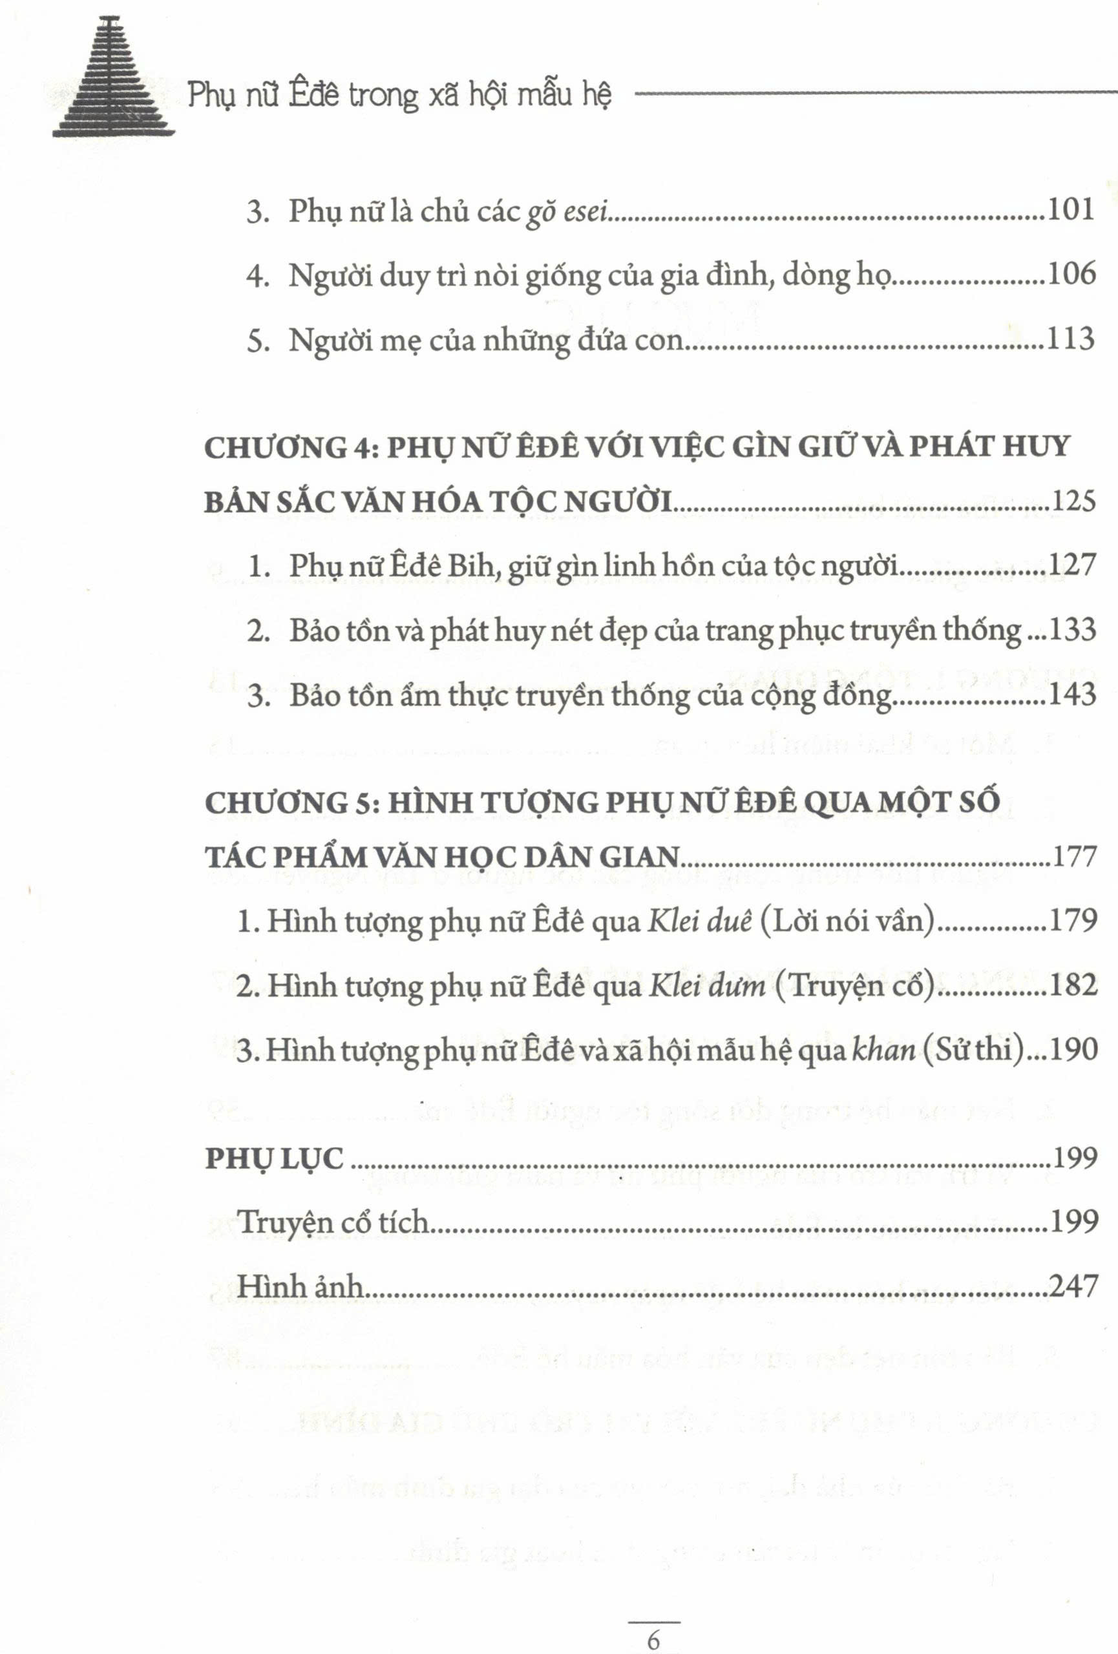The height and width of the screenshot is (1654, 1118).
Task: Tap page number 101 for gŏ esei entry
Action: pos(1071,210)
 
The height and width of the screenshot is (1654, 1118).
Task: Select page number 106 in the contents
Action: pos(1071,274)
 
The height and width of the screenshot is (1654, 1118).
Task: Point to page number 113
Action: pos(1071,339)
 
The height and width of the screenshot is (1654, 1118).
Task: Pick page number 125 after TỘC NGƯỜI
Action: pos(1073,501)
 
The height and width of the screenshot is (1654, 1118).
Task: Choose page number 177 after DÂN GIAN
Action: pos(1073,856)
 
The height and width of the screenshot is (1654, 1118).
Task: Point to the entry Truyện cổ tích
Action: pos(333,1222)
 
